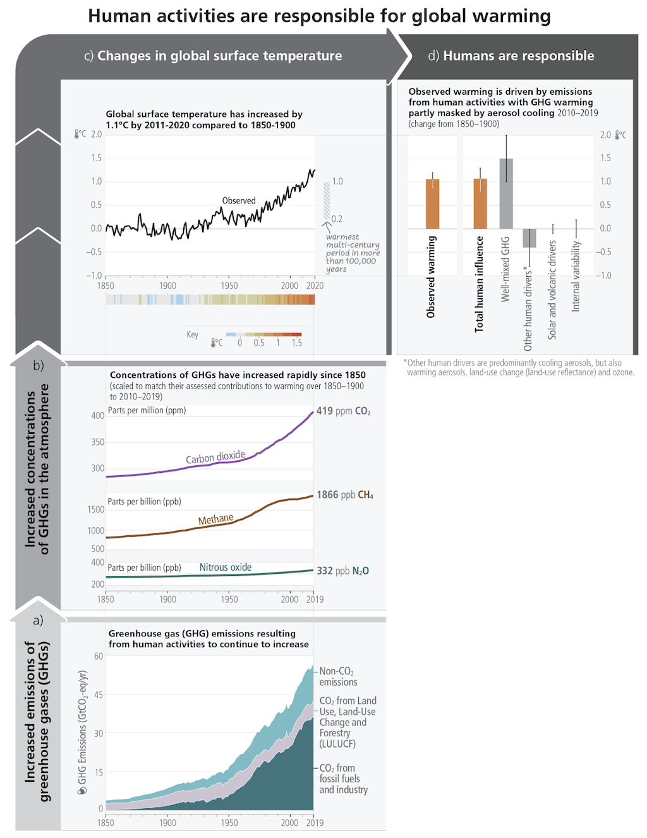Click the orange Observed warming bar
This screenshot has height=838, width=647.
432,203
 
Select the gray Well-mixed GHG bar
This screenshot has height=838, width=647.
506,193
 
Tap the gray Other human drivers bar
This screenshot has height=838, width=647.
529,238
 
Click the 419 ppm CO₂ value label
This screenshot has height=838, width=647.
343,411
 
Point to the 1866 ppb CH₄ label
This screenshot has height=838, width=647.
345,495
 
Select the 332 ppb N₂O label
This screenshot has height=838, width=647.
342,571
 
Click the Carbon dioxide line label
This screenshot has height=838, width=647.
215,457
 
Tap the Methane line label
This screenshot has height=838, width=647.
216,519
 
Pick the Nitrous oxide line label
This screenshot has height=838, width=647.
226,568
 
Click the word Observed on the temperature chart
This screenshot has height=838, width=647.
239,200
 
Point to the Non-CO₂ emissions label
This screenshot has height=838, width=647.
338,676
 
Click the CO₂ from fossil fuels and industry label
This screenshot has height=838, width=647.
343,779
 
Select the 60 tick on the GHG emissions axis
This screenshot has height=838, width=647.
99,656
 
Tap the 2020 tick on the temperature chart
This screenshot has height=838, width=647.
315,286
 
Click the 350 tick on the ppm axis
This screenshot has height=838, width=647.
98,442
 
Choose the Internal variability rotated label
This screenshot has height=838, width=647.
576,276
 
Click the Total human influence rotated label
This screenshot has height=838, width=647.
480,284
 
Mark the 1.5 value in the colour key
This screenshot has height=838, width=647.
297,343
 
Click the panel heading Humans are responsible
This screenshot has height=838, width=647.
518,56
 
